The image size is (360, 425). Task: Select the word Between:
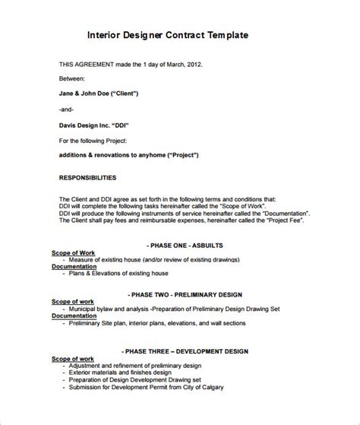[x=72, y=78]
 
